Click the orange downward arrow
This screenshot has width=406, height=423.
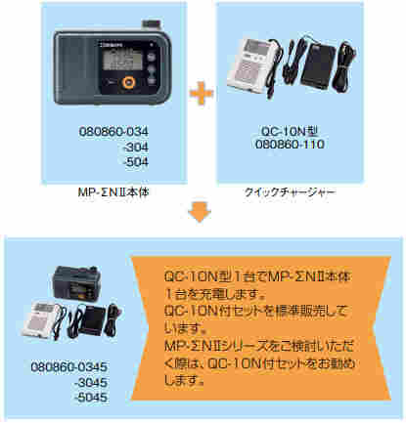(201, 209)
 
